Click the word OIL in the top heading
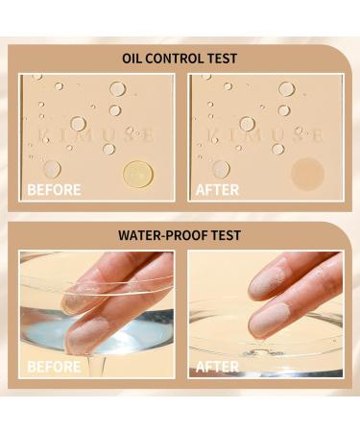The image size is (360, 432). point(133,59)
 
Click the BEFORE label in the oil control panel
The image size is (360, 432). point(54,189)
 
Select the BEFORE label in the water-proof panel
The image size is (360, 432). point(54,366)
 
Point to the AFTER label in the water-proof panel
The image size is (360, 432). point(217,366)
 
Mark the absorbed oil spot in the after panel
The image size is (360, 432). point(308,174)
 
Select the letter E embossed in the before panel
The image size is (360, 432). point(148,136)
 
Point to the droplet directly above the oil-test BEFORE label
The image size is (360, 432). point(51,169)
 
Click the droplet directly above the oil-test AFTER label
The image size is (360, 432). point(221,169)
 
